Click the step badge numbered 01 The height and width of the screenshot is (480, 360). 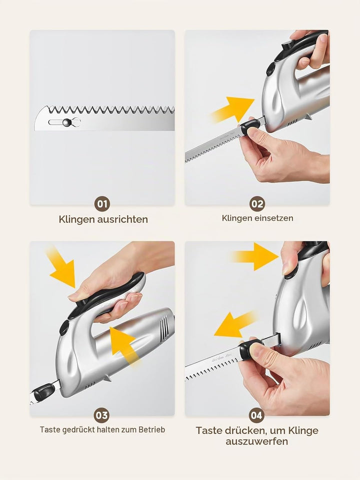(x=102, y=204)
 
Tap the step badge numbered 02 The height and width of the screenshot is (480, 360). (x=257, y=204)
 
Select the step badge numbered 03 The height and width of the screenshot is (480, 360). (x=102, y=415)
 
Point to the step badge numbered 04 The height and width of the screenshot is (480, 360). (x=257, y=415)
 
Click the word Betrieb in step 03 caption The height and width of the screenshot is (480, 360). (x=152, y=430)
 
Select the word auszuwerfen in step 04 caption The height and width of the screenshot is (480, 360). (x=257, y=441)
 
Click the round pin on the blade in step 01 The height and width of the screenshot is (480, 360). (x=67, y=122)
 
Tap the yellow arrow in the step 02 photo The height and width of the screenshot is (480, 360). (x=233, y=109)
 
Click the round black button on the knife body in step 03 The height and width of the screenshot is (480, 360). (x=64, y=328)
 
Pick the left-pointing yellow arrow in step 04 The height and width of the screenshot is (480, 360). (x=235, y=324)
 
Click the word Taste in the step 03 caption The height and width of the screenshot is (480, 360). (x=50, y=430)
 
